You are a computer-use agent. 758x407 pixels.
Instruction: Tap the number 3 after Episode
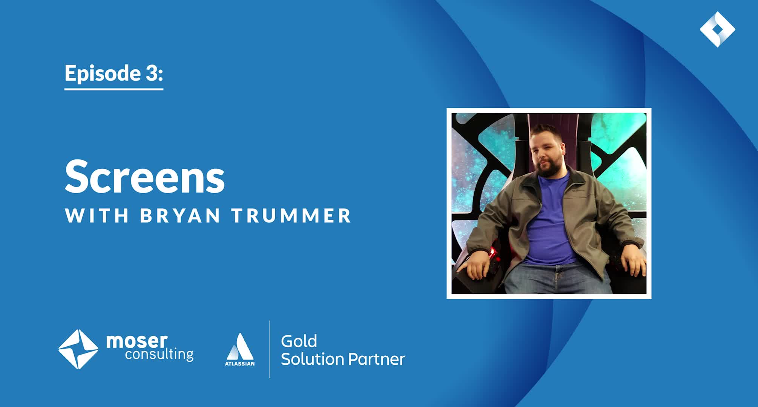[152, 73]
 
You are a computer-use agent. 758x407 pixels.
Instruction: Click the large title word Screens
[145, 176]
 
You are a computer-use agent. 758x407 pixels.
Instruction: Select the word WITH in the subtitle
[97, 216]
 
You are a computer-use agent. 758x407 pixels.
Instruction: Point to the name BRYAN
[180, 216]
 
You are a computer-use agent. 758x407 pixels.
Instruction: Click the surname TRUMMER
[292, 216]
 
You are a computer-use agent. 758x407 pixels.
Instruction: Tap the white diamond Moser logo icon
[78, 349]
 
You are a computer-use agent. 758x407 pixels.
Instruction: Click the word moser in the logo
[137, 341]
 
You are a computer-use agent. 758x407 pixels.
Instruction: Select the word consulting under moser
[159, 354]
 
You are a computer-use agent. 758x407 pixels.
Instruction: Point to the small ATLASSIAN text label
[240, 364]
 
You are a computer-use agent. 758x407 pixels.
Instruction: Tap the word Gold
[299, 341]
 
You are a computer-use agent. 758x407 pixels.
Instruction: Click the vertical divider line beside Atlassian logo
[270, 349]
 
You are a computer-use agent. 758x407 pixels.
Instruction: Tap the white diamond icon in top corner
[717, 29]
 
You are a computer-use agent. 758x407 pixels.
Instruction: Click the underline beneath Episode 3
[114, 89]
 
